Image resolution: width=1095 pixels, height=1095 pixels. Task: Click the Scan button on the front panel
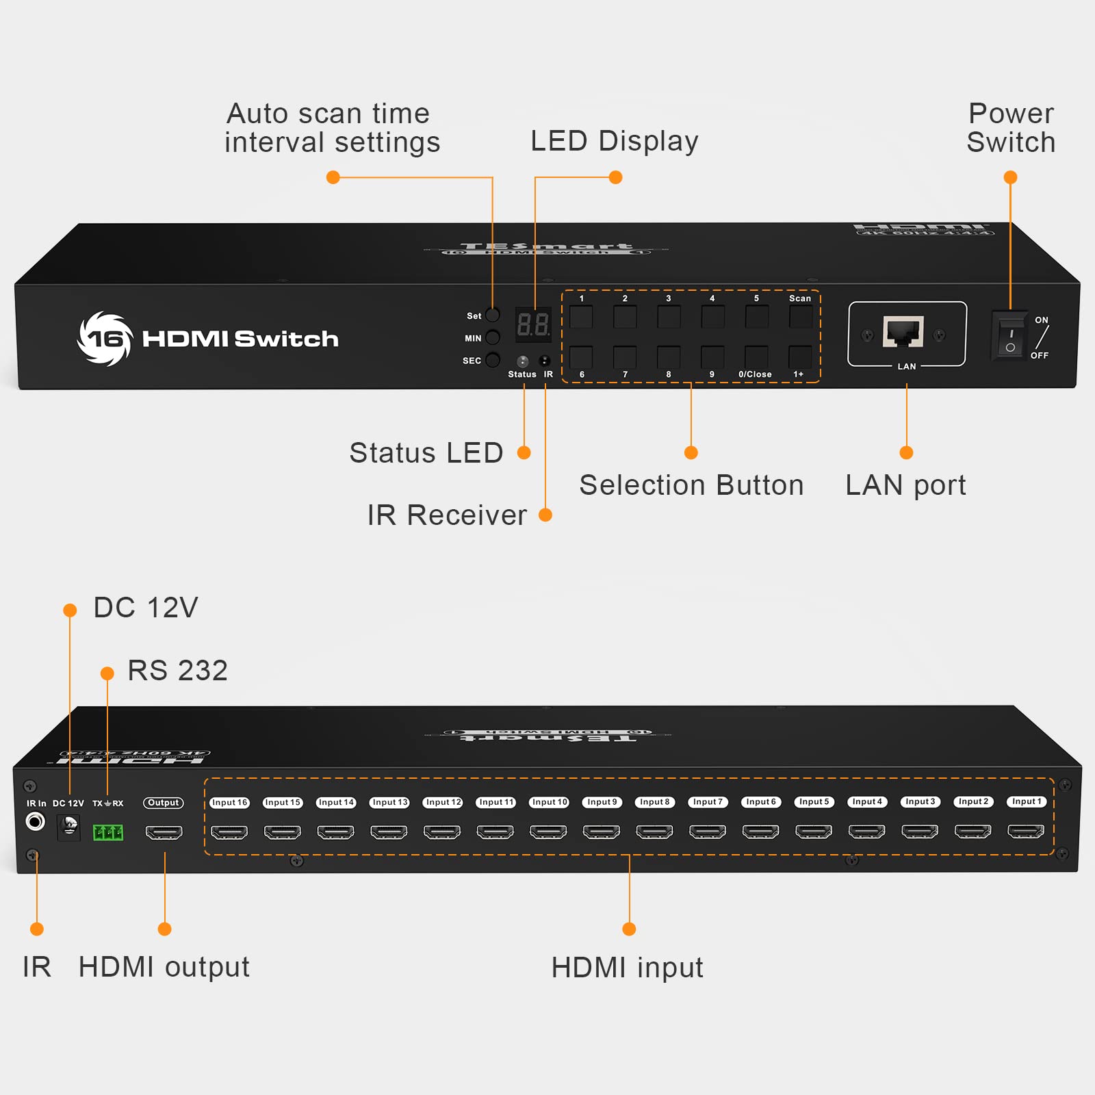pos(800,318)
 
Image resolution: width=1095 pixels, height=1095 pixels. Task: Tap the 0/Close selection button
pos(756,357)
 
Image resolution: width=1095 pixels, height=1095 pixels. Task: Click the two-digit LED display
pos(533,324)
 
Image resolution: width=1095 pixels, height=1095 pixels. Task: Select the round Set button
pos(492,315)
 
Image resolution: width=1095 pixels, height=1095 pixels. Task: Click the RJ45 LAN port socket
pos(903,333)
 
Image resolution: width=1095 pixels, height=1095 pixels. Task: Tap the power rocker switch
pos(1010,335)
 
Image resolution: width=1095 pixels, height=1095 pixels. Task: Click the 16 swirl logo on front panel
pos(105,339)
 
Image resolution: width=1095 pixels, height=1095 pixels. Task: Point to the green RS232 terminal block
pos(108,832)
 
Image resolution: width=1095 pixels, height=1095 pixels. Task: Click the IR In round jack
pos(35,821)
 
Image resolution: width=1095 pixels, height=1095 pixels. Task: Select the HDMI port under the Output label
pos(164,832)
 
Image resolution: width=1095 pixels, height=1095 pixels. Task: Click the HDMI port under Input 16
pos(229,832)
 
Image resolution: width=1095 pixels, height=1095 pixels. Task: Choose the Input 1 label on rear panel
pos(1027,801)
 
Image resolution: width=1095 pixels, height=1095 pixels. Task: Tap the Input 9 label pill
pos(602,802)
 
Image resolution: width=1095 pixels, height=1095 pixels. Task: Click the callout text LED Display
pos(615,141)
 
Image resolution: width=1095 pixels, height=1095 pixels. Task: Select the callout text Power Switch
pos(1011,128)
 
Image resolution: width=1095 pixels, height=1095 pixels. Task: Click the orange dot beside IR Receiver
pos(545,515)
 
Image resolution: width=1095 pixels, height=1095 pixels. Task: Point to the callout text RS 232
pos(177,671)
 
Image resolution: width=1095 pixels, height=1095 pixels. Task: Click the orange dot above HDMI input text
pos(629,929)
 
